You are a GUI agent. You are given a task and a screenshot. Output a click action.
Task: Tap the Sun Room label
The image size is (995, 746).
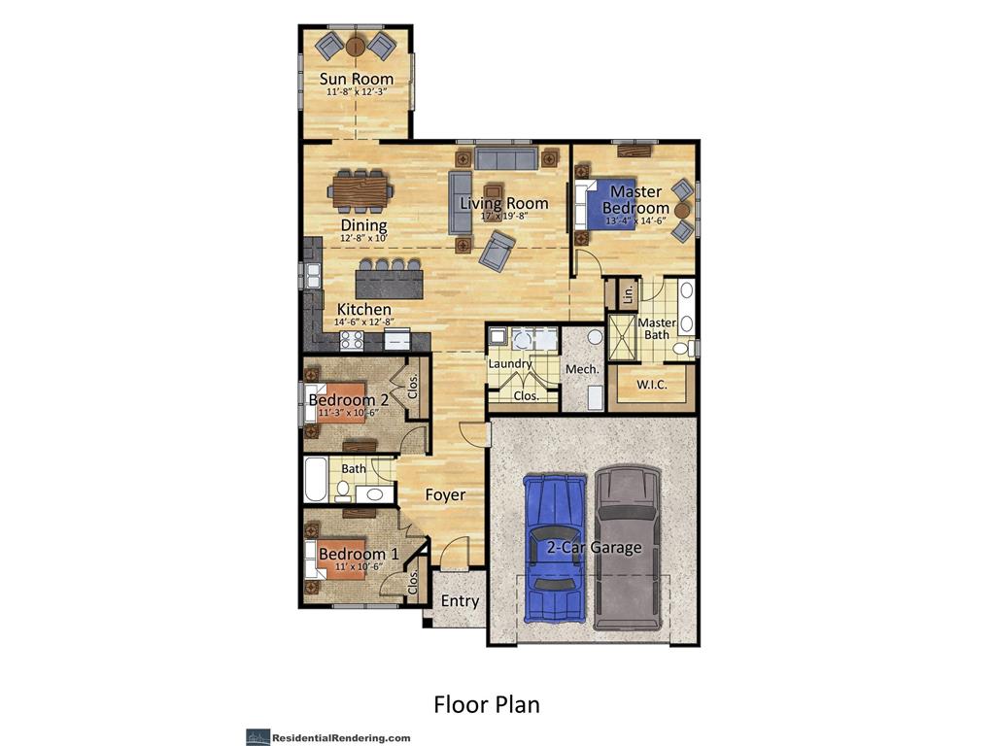357,79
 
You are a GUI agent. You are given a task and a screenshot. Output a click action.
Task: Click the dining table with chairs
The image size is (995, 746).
360,190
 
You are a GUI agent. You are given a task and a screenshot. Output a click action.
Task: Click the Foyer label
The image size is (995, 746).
445,494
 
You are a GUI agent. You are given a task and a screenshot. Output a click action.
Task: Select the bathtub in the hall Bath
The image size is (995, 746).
317,480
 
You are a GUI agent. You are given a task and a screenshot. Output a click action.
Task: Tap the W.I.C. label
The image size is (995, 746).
651,385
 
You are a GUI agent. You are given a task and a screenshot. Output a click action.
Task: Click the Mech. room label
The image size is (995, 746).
582,369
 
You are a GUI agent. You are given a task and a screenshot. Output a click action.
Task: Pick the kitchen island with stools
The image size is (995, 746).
390,282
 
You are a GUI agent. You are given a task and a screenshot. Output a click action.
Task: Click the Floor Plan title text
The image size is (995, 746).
486,703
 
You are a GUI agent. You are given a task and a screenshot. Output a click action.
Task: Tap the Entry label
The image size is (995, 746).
460,601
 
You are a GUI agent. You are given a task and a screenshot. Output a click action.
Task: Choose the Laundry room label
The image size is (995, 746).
510,363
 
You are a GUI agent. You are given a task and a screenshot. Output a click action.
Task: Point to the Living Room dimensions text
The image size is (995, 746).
503,217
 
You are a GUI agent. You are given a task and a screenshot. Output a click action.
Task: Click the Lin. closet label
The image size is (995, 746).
627,291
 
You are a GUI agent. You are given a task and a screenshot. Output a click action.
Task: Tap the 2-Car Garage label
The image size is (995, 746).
593,547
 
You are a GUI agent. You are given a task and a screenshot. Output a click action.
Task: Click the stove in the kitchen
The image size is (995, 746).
351,340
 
